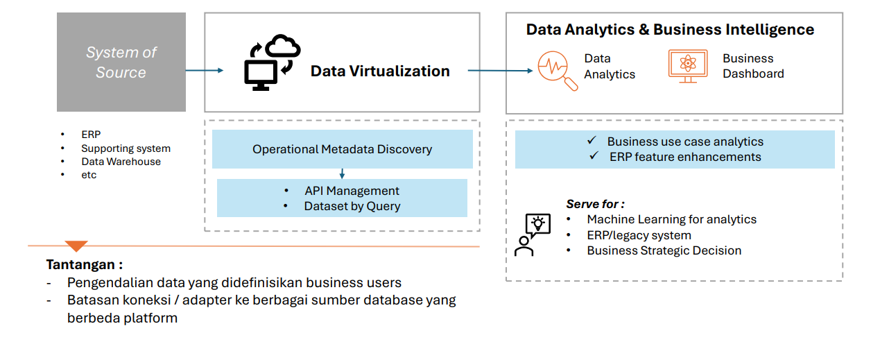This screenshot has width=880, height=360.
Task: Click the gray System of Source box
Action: [121, 62]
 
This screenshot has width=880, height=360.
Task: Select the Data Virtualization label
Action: [380, 71]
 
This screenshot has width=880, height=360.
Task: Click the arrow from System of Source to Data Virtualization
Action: [205, 70]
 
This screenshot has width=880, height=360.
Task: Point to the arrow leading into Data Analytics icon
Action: [500, 71]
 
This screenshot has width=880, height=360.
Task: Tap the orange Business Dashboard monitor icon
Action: [688, 67]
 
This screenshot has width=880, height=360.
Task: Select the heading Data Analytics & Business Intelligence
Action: [670, 30]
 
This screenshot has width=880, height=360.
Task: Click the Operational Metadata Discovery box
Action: [342, 149]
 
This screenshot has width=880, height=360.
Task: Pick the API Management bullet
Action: [352, 191]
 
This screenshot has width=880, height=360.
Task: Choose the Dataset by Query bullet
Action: [352, 206]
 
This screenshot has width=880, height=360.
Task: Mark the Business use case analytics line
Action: [684, 142]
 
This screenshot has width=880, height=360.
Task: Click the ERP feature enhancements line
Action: [684, 157]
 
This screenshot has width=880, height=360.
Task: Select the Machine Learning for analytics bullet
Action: [671, 219]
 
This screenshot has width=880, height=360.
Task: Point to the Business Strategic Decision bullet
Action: [664, 250]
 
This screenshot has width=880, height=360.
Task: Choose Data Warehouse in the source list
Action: [121, 162]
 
